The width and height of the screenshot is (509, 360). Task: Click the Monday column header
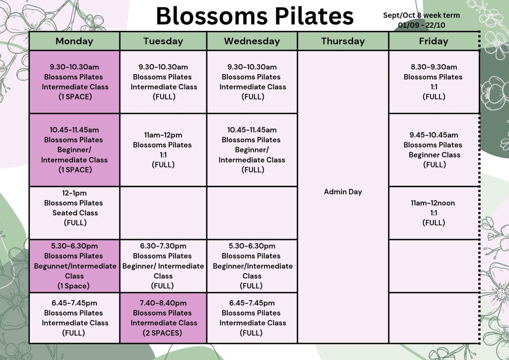[75, 41]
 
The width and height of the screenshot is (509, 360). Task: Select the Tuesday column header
[163, 41]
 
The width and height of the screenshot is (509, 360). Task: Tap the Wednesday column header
[252, 41]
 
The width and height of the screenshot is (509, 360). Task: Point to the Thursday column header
[343, 41]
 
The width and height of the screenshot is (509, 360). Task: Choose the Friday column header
[433, 41]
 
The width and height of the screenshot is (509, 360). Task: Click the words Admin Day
[343, 192]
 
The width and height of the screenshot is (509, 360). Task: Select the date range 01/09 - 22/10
[422, 25]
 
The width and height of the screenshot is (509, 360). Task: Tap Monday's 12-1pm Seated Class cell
[75, 213]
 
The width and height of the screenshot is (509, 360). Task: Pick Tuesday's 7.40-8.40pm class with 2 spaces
[163, 318]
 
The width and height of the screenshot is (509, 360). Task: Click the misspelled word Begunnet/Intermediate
[75, 266]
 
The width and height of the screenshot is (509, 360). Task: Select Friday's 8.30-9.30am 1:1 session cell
[434, 82]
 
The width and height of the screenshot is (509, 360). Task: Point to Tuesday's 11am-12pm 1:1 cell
[163, 150]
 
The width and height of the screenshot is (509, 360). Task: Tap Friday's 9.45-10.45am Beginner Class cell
[434, 150]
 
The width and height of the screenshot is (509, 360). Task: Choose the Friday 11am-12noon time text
[433, 203]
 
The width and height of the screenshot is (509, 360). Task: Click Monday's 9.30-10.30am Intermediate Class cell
[75, 82]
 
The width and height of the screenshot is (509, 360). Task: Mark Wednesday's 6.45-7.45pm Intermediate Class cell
[252, 318]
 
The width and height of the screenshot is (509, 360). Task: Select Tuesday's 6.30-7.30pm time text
[163, 246]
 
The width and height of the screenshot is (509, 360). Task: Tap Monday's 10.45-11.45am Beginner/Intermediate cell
[75, 150]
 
